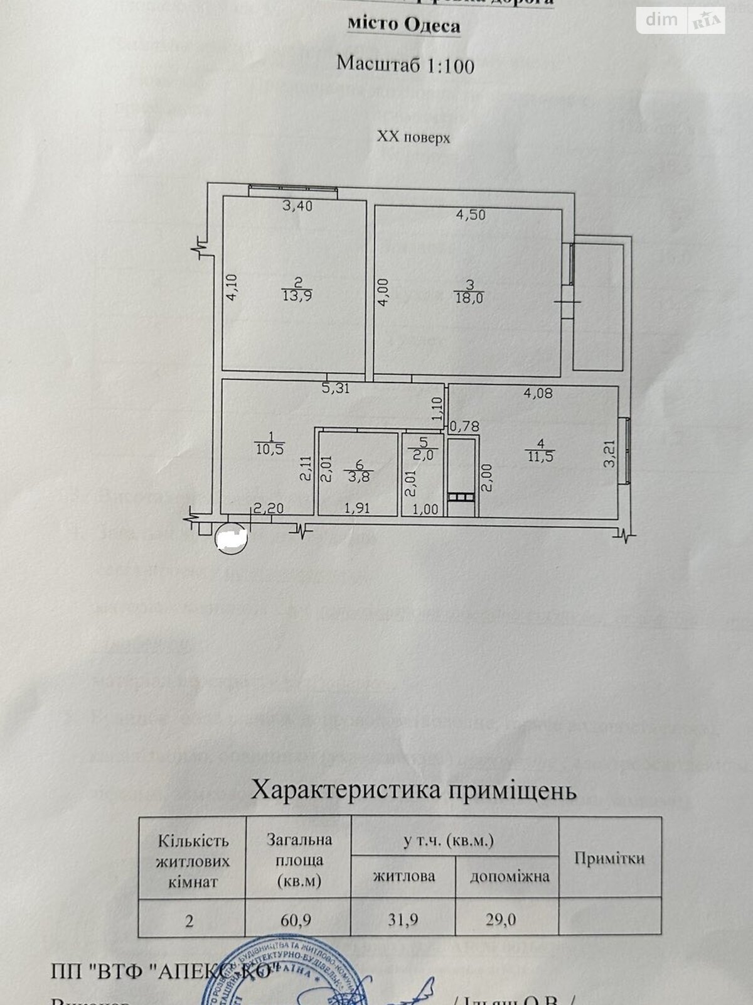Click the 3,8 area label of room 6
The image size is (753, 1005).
(358, 476)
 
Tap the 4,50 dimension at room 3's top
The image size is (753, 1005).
(471, 215)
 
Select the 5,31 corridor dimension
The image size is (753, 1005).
(336, 389)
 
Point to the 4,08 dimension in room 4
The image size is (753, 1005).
(540, 394)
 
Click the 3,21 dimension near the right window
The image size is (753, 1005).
(607, 452)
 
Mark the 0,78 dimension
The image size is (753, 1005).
(464, 426)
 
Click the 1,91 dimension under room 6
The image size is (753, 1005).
(358, 509)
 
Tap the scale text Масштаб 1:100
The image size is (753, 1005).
(405, 65)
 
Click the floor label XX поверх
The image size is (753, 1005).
(413, 138)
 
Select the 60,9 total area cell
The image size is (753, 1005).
(299, 920)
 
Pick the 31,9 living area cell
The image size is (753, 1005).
(403, 920)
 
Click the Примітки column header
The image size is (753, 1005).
(609, 858)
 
